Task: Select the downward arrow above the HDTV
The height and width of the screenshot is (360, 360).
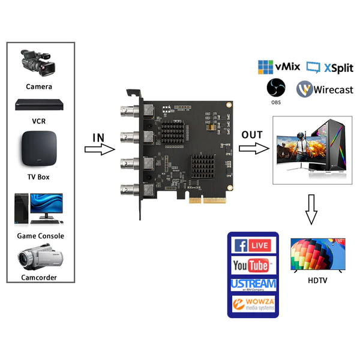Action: click(x=311, y=210)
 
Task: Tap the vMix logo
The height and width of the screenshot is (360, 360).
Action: click(x=278, y=67)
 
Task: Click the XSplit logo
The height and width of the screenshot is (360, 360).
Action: click(x=329, y=67)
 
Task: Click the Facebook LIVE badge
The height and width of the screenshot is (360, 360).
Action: click(x=252, y=245)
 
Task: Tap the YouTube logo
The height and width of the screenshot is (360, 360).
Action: click(x=252, y=265)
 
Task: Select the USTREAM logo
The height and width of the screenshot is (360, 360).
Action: click(x=253, y=284)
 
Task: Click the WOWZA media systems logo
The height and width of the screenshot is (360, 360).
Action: click(x=253, y=304)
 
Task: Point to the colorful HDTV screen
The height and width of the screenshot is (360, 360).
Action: click(x=317, y=255)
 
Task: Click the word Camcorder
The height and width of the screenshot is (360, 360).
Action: click(x=39, y=277)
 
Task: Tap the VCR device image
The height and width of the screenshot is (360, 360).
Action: click(x=40, y=104)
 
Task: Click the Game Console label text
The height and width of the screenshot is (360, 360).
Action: click(x=40, y=236)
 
